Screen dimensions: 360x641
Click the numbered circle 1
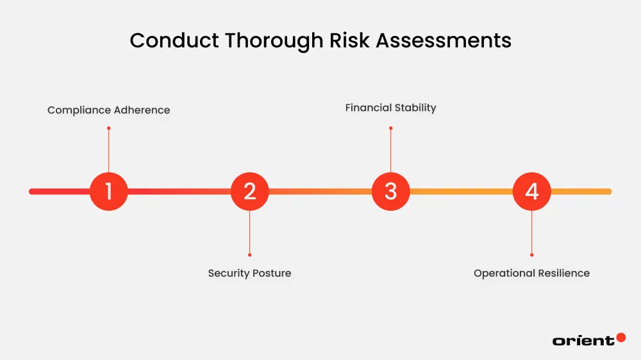point(108,191)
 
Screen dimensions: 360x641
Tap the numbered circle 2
point(249,191)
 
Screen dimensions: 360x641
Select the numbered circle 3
point(390,191)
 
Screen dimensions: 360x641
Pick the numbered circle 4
point(531,191)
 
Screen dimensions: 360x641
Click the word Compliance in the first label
point(79,110)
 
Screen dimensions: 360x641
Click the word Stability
point(415,108)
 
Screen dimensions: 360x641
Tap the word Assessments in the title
point(444,40)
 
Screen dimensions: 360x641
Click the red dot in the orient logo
point(620,337)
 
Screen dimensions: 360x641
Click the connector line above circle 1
point(108,151)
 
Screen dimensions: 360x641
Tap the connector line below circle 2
point(249,232)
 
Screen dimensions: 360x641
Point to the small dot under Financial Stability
point(390,128)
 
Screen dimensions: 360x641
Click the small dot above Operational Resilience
point(531,254)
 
